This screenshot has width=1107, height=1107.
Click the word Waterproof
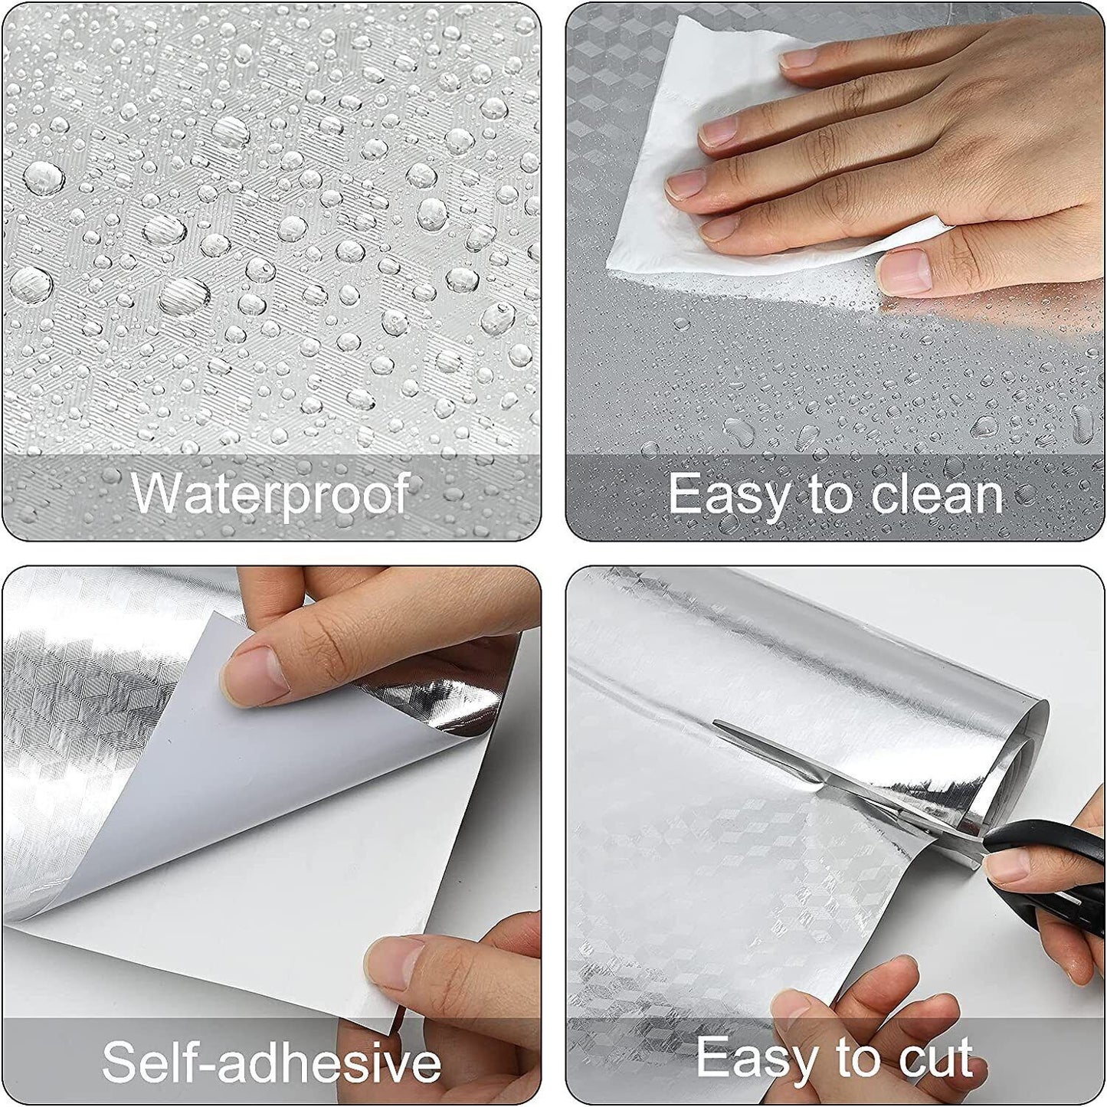[270, 493]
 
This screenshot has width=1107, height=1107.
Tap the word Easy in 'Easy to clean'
[726, 495]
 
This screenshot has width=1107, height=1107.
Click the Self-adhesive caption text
[271, 1062]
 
